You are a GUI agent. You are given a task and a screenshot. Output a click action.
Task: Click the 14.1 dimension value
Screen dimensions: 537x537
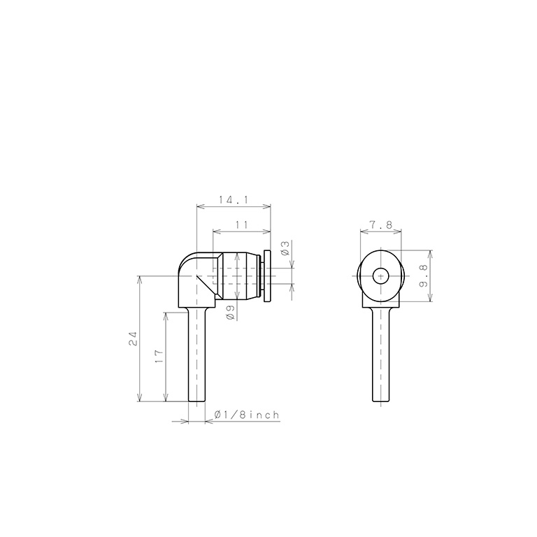(x=233, y=200)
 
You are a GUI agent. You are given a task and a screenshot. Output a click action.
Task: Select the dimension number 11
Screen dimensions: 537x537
(x=242, y=224)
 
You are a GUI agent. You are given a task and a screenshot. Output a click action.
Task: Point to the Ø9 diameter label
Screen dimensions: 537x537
(x=230, y=313)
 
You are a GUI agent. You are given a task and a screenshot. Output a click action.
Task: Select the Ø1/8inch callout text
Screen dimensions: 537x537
(x=247, y=415)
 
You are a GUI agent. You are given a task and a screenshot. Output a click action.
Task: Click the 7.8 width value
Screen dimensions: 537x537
(x=381, y=225)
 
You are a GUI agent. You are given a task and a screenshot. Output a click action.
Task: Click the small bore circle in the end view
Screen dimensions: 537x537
(x=380, y=276)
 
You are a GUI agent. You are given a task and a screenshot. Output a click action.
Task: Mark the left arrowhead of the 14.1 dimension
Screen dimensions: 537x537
(x=199, y=206)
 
